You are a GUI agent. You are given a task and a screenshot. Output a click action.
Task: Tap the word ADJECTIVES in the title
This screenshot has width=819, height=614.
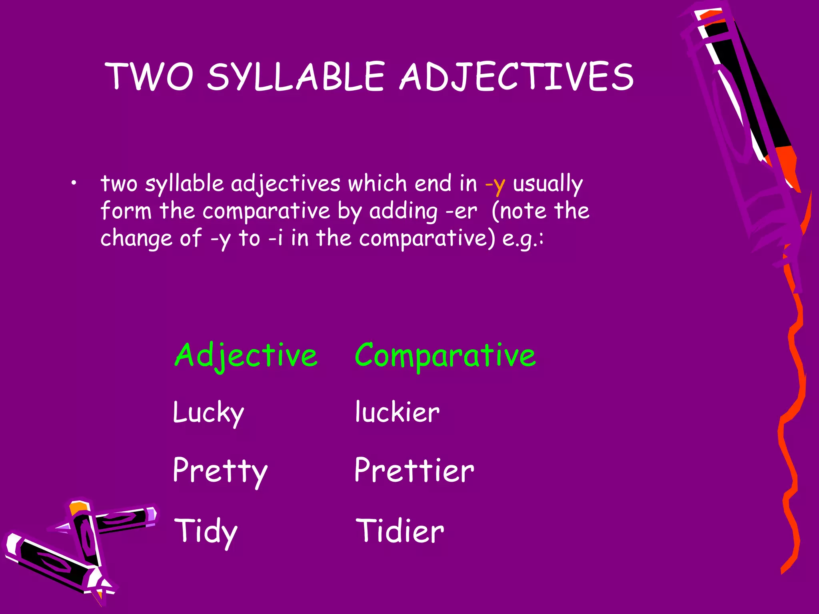(517, 77)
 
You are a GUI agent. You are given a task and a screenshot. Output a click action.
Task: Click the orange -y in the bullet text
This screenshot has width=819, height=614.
(495, 185)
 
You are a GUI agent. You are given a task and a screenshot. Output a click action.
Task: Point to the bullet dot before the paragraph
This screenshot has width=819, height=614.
(72, 183)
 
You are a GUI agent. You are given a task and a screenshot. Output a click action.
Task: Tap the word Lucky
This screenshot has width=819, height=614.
(208, 413)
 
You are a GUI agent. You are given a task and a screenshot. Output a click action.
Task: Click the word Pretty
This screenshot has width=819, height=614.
(220, 471)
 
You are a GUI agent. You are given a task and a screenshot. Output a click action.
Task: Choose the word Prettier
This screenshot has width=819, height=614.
(414, 470)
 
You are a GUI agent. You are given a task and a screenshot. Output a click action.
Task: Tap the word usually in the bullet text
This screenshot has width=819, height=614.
(548, 185)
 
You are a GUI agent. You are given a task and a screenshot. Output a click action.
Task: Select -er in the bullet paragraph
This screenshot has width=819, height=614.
(462, 211)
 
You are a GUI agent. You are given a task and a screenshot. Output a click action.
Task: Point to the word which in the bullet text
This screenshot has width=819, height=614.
(378, 184)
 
